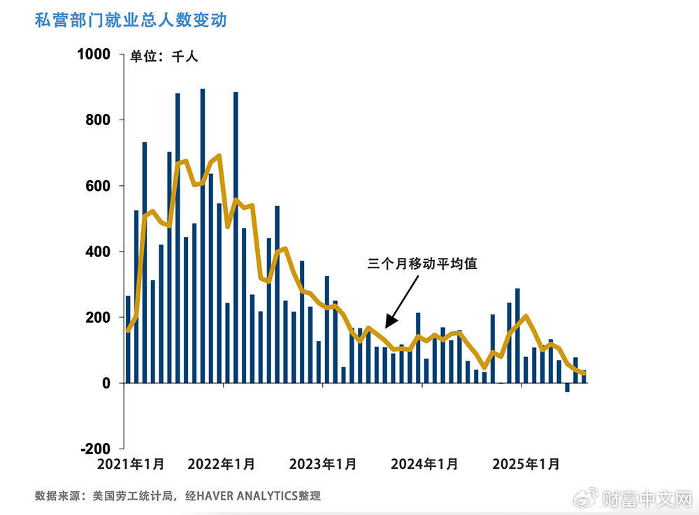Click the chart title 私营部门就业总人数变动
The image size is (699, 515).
pos(131,20)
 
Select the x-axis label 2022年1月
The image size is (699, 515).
pos(222,464)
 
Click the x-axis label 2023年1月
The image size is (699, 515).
pos(324,464)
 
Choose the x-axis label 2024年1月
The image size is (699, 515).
pos(425,464)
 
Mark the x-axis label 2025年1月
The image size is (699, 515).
pos(526,464)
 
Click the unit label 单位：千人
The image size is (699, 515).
pos(164,57)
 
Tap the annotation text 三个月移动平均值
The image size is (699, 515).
pos(422,264)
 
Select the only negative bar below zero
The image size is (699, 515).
pos(567,387)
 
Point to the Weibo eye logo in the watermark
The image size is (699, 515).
pos(586,498)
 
